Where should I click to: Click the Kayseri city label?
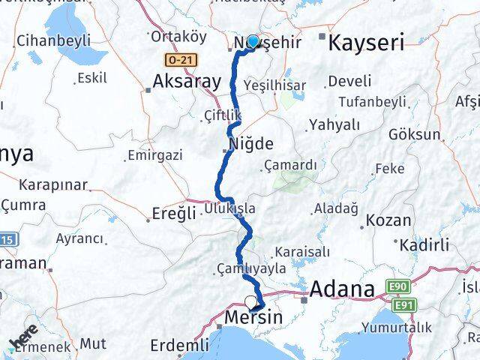368,42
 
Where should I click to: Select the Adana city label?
342,289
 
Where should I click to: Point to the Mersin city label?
254,318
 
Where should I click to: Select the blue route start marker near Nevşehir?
253,42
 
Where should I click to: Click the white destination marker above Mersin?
250,302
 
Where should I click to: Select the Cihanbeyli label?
54,39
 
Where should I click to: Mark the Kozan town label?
389,220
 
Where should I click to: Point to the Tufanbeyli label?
372,101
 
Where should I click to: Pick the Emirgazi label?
155,155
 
